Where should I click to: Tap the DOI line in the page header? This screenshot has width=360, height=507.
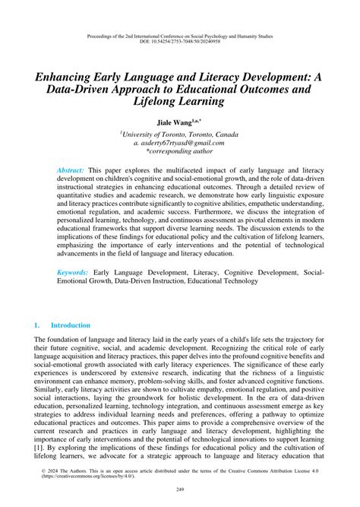coord(180,41)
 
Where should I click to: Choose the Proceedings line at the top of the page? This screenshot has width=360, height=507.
coord(180,35)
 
